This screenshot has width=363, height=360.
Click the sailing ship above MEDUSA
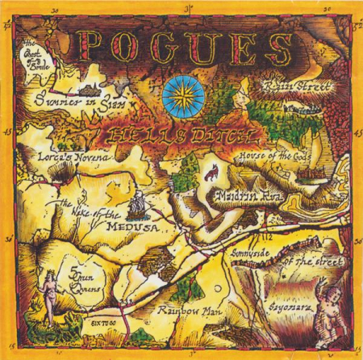pos(139,199)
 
